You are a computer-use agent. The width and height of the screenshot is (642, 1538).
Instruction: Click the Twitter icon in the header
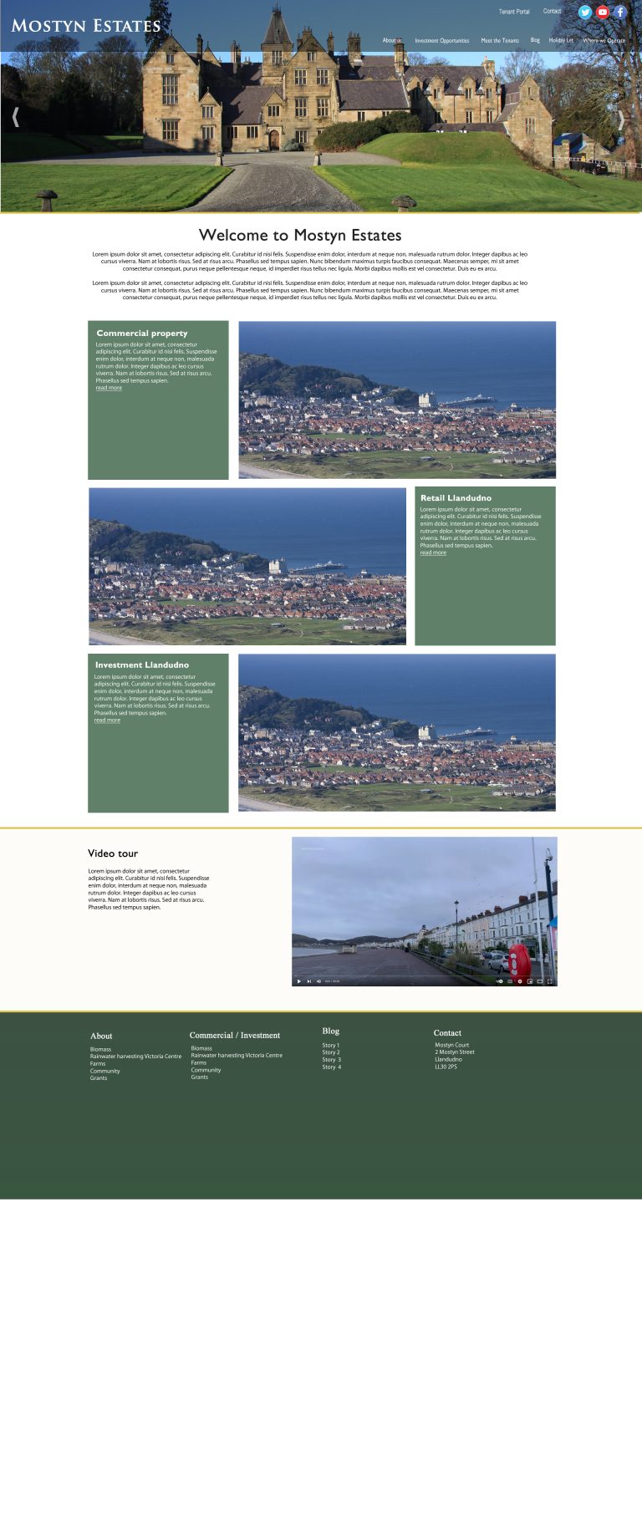[x=585, y=13]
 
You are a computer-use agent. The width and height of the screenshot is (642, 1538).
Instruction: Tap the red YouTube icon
[x=603, y=13]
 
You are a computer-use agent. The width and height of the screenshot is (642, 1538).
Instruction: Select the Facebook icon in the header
[x=620, y=13]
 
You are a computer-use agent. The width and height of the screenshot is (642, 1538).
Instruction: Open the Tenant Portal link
[x=514, y=12]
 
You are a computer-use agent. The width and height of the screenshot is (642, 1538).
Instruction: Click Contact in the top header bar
[x=552, y=12]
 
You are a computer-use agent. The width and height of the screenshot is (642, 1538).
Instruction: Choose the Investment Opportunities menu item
[x=441, y=40]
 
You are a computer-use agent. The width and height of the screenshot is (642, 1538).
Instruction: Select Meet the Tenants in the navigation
[x=500, y=40]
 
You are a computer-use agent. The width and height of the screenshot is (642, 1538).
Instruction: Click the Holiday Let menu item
[x=561, y=40]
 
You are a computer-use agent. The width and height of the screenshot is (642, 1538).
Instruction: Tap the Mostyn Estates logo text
[x=86, y=26]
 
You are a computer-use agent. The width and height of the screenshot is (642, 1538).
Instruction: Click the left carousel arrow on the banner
[x=15, y=117]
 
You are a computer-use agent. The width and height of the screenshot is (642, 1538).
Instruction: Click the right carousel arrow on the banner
[x=621, y=120]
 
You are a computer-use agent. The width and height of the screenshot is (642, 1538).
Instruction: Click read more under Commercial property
[x=109, y=388]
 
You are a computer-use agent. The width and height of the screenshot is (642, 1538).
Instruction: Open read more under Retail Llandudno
[x=433, y=553]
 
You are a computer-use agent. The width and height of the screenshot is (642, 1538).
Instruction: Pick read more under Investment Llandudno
[x=107, y=720]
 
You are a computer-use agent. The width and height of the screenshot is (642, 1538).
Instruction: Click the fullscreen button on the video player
[x=549, y=981]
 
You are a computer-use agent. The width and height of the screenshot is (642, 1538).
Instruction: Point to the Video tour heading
[x=113, y=853]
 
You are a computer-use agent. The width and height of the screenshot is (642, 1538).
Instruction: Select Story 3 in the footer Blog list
[x=332, y=1060]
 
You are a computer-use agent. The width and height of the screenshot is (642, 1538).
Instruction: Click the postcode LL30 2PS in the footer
[x=446, y=1067]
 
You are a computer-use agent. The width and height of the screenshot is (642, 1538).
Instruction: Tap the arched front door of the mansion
[x=273, y=140]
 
